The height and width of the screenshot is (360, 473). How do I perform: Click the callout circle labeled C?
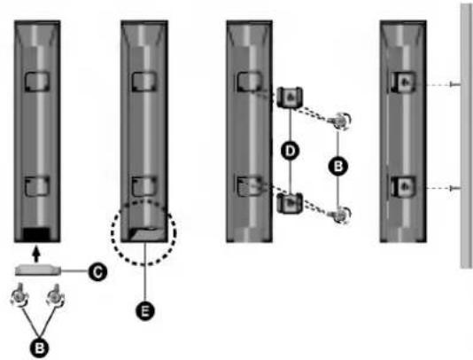97,272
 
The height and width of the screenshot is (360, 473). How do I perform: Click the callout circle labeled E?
145,311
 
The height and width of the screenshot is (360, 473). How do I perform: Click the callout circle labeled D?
290,151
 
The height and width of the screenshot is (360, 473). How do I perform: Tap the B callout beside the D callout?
337,166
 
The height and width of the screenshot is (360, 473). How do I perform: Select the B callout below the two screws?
40,348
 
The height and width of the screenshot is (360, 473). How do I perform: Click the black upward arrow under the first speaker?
36,254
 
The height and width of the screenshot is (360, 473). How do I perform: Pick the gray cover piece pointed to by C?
38,270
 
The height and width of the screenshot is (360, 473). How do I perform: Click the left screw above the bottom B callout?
20,295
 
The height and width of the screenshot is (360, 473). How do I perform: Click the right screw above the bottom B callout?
56,295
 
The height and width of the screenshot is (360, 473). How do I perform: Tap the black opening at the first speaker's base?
36,234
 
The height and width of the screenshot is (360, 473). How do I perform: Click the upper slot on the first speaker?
37,82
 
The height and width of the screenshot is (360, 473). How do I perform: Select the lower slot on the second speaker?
144,186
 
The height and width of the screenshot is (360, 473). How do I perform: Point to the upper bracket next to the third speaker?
290,98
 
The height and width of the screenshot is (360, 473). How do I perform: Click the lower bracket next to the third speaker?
290,203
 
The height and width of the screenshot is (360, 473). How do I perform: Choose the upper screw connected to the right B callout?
342,121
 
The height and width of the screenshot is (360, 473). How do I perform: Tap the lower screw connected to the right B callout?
342,215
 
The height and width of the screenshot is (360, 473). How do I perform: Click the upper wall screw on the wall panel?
454,84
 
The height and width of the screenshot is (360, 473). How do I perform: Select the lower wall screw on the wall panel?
454,189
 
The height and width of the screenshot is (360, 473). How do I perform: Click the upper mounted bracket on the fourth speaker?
404,82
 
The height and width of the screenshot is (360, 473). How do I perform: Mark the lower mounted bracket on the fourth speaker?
404,186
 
